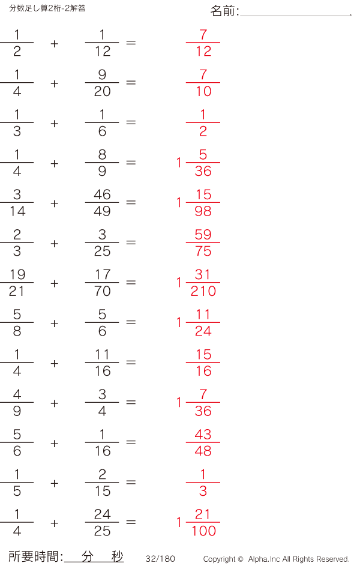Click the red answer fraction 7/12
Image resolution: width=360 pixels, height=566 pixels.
(x=203, y=43)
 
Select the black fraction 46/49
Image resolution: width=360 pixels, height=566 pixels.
(x=102, y=202)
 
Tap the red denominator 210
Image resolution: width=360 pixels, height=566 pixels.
(x=203, y=291)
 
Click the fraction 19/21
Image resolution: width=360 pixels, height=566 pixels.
(x=17, y=282)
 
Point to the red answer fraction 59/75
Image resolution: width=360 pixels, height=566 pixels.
(x=203, y=242)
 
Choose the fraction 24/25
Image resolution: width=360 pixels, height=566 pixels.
(x=102, y=522)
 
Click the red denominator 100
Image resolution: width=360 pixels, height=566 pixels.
(x=203, y=531)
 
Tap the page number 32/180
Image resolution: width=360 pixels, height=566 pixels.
(x=160, y=559)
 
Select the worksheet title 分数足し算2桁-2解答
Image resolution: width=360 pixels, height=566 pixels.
(x=47, y=8)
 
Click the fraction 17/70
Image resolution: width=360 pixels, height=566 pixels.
(x=102, y=282)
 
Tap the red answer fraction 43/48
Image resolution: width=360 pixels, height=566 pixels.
(x=203, y=442)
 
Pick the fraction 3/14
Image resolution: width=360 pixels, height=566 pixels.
(x=17, y=202)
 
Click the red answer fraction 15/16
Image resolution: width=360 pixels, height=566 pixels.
(x=203, y=363)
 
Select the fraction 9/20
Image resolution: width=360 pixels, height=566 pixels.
(x=102, y=83)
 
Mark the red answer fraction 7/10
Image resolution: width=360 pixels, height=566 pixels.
(x=203, y=83)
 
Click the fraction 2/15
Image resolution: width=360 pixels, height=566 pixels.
(x=102, y=482)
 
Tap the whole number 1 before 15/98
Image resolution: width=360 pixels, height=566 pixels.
(x=179, y=202)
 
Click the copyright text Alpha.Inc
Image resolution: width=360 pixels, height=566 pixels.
(x=265, y=559)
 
